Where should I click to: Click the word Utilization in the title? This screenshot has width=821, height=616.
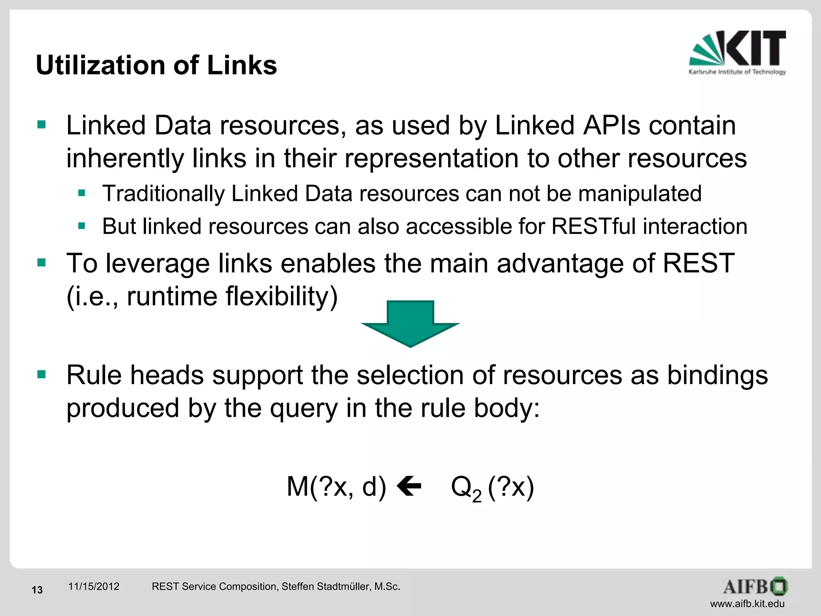click(x=100, y=65)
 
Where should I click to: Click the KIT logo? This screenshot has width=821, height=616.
click(x=737, y=52)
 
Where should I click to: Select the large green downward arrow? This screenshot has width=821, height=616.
click(x=410, y=323)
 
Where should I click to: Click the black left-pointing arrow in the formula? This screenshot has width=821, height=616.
click(x=409, y=486)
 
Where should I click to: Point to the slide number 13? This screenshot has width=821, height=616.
click(x=37, y=590)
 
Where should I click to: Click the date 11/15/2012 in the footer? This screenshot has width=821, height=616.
click(x=94, y=586)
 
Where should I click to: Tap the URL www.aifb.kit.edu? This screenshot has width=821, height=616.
click(x=747, y=604)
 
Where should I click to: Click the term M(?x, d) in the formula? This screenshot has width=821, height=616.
click(x=336, y=486)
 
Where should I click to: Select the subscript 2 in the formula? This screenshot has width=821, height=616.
click(x=477, y=496)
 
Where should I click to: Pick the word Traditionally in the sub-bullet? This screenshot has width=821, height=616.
click(x=163, y=194)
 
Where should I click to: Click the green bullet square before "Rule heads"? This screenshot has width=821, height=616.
click(x=41, y=375)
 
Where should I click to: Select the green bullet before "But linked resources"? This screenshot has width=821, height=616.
click(x=82, y=226)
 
